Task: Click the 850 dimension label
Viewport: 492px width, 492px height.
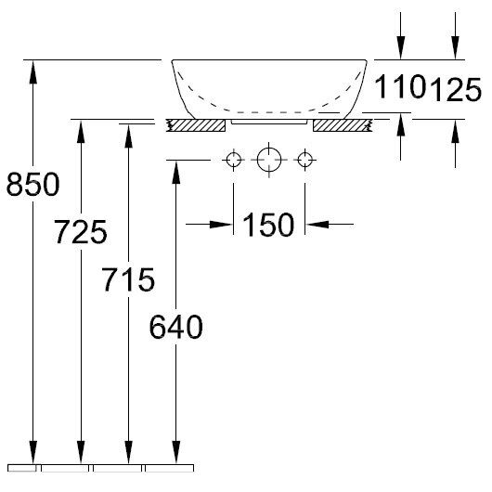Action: pyautogui.click(x=32, y=184)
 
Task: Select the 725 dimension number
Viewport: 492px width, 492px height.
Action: pyautogui.click(x=81, y=232)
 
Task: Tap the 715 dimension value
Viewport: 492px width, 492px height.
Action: pyautogui.click(x=128, y=279)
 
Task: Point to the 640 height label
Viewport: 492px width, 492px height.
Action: pyautogui.click(x=176, y=327)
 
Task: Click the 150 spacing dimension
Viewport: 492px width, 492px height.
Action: pyautogui.click(x=268, y=225)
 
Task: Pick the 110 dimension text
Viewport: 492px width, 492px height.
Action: pyautogui.click(x=400, y=86)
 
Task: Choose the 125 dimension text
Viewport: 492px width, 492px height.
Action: pyautogui.click(x=456, y=90)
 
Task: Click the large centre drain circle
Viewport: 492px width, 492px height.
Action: pyautogui.click(x=269, y=160)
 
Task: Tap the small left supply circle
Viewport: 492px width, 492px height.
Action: pyautogui.click(x=233, y=160)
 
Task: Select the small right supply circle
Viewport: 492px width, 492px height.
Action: pyautogui.click(x=304, y=160)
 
